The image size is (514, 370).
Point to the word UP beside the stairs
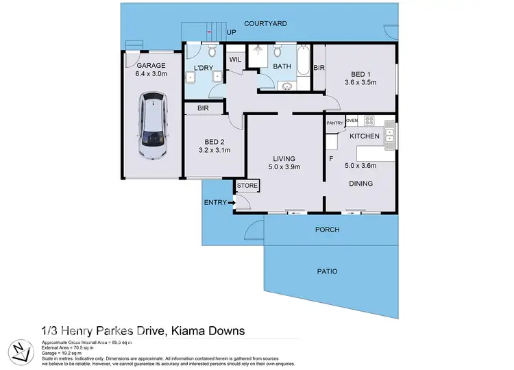click(231, 33)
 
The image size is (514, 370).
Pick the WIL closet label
click(235, 60)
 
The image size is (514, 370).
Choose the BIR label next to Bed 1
click(319, 68)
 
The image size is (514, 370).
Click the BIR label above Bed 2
click(203, 108)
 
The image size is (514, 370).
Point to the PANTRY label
click(334, 123)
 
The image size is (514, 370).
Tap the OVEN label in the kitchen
click(352, 121)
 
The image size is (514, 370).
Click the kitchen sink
click(389, 137)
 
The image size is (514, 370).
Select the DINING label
click(360, 184)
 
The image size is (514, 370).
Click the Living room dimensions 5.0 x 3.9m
click(283, 166)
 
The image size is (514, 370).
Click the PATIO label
click(327, 271)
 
